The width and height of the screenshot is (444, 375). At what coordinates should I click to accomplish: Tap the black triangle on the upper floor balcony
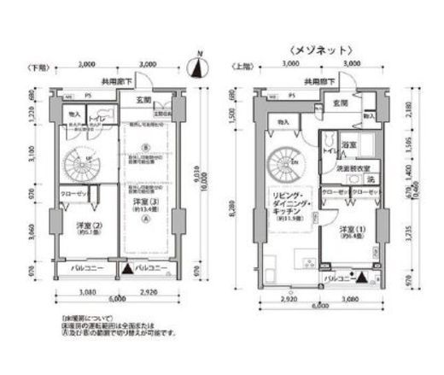pyautogui.click(x=359, y=276)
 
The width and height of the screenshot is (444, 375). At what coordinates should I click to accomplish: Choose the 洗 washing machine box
pyautogui.click(x=370, y=180)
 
